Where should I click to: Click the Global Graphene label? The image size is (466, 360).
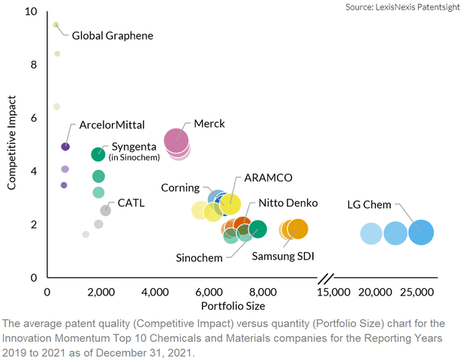click(113, 35)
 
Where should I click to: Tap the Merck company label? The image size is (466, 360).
click(209, 123)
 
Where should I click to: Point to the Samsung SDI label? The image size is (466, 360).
click(282, 256)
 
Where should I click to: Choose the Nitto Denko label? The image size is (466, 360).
click(288, 203)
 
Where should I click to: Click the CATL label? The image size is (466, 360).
click(131, 202)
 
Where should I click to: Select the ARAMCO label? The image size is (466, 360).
click(268, 177)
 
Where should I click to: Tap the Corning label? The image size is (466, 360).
click(180, 187)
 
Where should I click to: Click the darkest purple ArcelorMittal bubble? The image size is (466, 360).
click(65, 146)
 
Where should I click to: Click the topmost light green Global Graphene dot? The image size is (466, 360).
click(56, 25)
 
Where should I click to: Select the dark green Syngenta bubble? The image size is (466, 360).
click(98, 154)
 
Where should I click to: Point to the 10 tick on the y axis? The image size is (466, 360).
click(32, 12)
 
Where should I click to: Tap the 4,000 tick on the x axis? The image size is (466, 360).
click(155, 291)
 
